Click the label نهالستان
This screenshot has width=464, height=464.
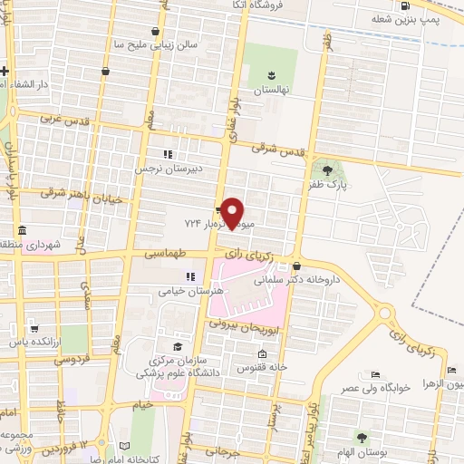click(270, 92)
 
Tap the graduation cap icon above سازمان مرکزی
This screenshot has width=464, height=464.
click(178, 347)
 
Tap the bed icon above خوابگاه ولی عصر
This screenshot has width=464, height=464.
click(375, 374)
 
